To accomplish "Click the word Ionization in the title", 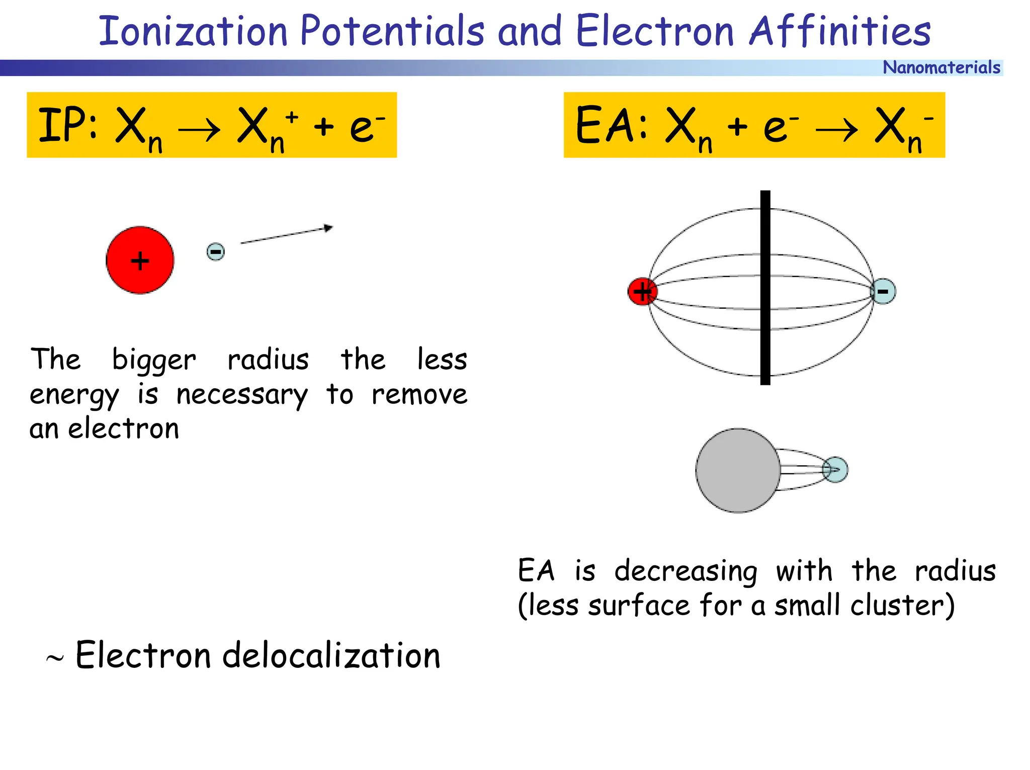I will coord(193,31).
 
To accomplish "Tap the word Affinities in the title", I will coord(839,31).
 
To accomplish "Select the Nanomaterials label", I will coord(941,67).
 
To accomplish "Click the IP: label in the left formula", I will coord(68,125).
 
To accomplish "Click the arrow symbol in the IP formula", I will coord(199,130).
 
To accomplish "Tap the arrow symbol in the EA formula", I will coord(836,130).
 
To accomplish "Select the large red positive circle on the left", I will coord(140,260).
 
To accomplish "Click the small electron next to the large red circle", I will coord(216,251).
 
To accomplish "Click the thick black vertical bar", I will coord(765,288).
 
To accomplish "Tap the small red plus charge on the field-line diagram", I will coord(642,291).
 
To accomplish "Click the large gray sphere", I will coord(738,470).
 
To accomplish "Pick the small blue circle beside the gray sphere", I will coord(835,470).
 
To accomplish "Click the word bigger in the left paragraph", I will coord(154,360).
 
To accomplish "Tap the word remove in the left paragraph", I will coord(419,395).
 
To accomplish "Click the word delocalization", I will coord(331,656).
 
